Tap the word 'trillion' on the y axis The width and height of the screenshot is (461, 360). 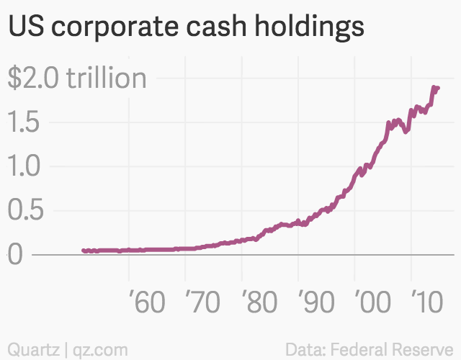106,78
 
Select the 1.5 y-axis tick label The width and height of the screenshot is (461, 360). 25,122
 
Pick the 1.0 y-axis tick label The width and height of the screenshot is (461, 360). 25,166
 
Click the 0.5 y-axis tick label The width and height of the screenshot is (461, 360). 25,211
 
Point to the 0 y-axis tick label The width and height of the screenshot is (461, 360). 15,255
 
